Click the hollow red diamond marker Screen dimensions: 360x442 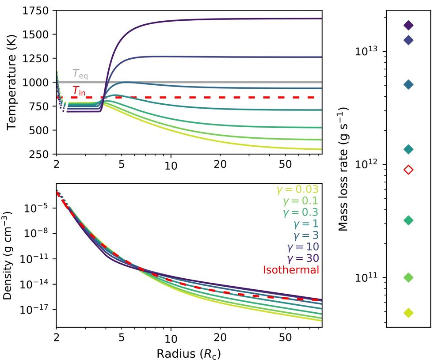(x=409, y=170)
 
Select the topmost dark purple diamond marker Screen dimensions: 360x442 (x=409, y=25)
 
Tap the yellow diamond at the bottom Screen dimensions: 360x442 (x=409, y=313)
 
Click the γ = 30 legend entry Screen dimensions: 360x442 (x=300, y=258)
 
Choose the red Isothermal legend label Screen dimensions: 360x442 (x=291, y=269)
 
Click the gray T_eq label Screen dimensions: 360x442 (x=80, y=75)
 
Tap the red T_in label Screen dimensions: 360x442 (x=80, y=91)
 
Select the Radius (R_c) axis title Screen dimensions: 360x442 (x=188, y=353)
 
